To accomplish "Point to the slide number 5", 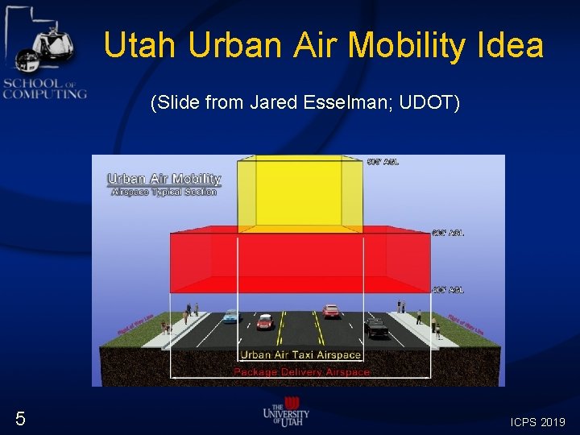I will pyautogui.click(x=20, y=418).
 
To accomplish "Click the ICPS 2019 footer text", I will pyautogui.click(x=537, y=421).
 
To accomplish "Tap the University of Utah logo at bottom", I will pyautogui.click(x=286, y=412).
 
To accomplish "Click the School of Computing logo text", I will pyautogui.click(x=43, y=88).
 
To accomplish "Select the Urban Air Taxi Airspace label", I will pyautogui.click(x=300, y=354).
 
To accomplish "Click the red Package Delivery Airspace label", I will pyautogui.click(x=301, y=372).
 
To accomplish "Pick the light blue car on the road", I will pyautogui.click(x=230, y=316).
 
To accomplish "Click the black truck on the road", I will pyautogui.click(x=376, y=327).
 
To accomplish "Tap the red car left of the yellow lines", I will pyautogui.click(x=265, y=321).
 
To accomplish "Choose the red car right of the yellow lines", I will pyautogui.click(x=330, y=310).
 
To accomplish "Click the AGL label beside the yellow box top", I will pyautogui.click(x=382, y=162).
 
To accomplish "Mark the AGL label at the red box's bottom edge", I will pyautogui.click(x=448, y=289).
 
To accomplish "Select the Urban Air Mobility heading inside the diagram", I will pyautogui.click(x=164, y=179).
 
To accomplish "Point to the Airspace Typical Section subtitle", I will pyautogui.click(x=164, y=193).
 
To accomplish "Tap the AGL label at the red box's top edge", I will pyautogui.click(x=448, y=233).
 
